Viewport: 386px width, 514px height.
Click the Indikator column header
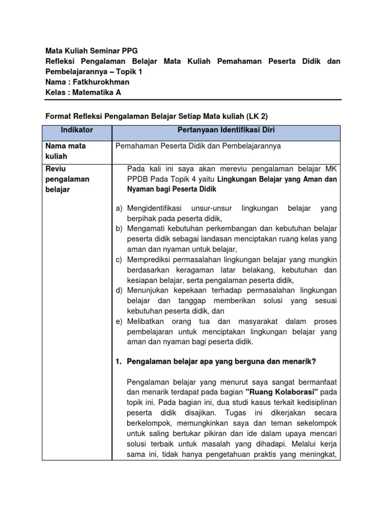coord(76,130)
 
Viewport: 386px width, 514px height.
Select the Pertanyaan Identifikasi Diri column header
coord(226,130)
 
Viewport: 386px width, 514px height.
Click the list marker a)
coord(119,208)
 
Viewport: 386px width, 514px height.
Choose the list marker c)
coord(119,260)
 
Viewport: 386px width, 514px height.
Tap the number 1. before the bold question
coord(119,361)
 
